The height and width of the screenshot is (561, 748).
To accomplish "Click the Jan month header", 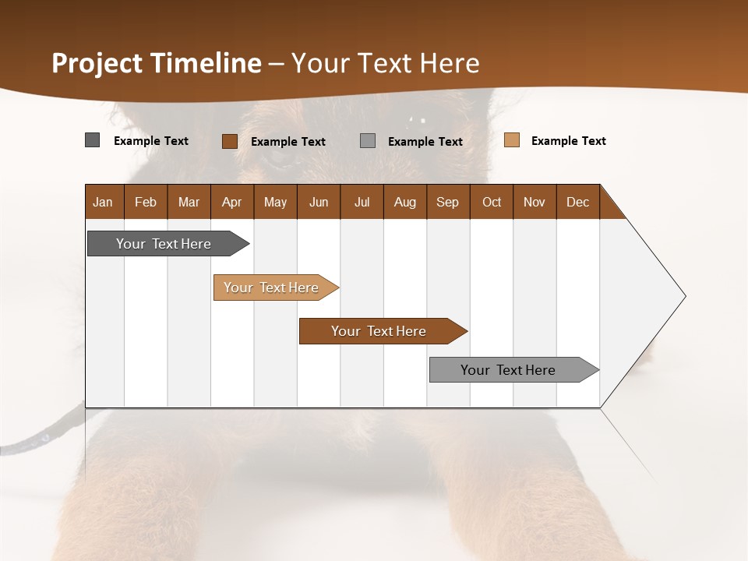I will (x=104, y=202).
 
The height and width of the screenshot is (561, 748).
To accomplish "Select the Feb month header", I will (x=146, y=202).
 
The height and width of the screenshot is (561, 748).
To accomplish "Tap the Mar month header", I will (x=189, y=202).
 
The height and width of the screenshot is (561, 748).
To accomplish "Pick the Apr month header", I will (x=232, y=202).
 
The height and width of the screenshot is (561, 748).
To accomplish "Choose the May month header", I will (x=275, y=202).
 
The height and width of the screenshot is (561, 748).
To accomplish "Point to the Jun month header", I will (x=319, y=202).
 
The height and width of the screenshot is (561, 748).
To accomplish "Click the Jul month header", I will (x=362, y=202).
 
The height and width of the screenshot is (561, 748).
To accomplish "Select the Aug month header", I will (x=405, y=202).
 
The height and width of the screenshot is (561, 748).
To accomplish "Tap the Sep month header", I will (x=448, y=202).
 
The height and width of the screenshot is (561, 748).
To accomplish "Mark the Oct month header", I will (x=492, y=202).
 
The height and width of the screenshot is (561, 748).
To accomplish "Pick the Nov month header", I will (x=535, y=202).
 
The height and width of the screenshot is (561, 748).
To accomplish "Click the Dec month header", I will (x=578, y=202).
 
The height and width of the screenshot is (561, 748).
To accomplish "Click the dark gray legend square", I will (x=93, y=140).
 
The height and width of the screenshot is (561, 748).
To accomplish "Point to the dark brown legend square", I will (x=230, y=141).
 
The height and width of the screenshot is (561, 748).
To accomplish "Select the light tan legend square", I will (x=512, y=140).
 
